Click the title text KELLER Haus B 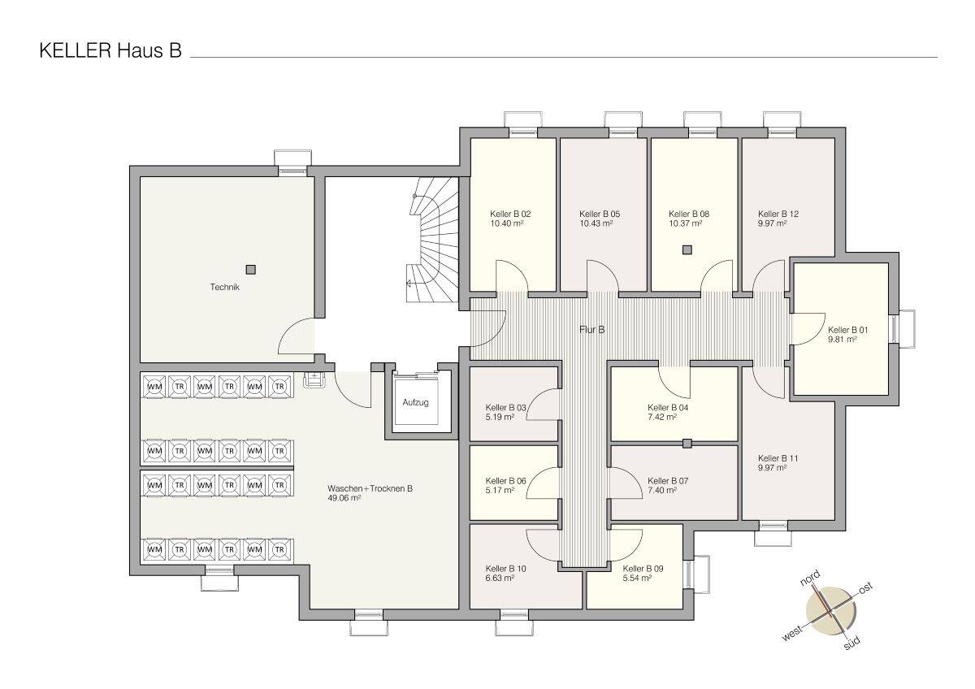(110, 51)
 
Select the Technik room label (225, 287)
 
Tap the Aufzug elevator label (415, 402)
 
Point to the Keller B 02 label (511, 214)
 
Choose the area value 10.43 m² (596, 223)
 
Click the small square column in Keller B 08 (687, 249)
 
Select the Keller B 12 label (778, 214)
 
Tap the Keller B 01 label (848, 330)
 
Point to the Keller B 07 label (668, 480)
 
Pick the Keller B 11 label (778, 457)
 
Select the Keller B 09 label (643, 569)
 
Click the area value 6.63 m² (500, 578)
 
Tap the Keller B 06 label (505, 480)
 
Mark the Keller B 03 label (505, 407)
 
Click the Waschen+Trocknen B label (370, 488)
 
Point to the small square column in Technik (251, 269)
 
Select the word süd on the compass (851, 643)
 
